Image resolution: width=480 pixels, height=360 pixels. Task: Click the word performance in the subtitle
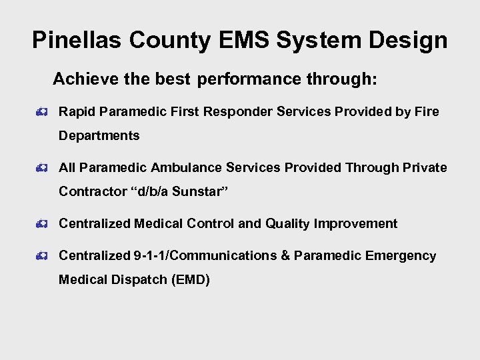(x=249, y=79)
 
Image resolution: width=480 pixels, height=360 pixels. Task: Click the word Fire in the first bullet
(x=427, y=112)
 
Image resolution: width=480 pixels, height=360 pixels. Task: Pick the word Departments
(x=99, y=136)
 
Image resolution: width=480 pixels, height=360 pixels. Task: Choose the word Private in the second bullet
(x=425, y=168)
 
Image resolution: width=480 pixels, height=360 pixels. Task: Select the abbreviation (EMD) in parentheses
(x=191, y=280)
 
